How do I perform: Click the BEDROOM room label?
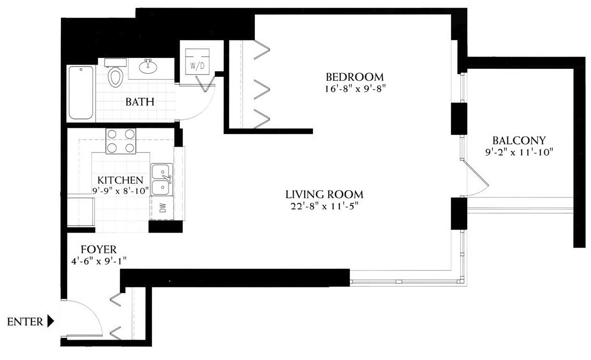[x=355, y=77]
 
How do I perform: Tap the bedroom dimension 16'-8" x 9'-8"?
[x=355, y=89]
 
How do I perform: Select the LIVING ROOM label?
[x=324, y=195]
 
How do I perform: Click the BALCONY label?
[x=519, y=141]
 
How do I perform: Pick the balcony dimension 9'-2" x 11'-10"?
[x=519, y=152]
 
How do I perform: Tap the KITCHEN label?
[x=120, y=180]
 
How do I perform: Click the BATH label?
[x=140, y=102]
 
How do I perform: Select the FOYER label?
[x=99, y=249]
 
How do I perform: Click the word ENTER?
[x=25, y=322]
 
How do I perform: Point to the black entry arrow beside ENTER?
[x=51, y=321]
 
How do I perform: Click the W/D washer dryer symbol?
[x=197, y=61]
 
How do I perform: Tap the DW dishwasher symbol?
[x=162, y=208]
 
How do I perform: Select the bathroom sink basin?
[x=148, y=66]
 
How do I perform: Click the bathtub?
[x=81, y=93]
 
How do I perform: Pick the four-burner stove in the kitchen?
[x=121, y=141]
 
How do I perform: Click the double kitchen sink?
[x=162, y=179]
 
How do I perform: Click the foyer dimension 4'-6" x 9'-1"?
[x=99, y=261]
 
